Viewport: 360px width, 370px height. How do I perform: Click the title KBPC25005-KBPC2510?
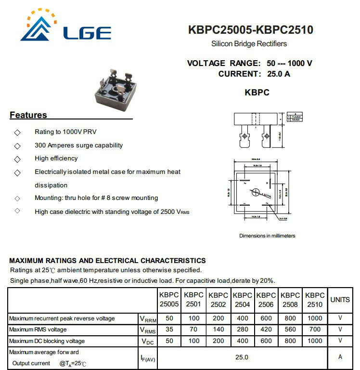[x=250, y=30]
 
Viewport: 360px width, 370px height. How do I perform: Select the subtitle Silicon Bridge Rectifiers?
[x=249, y=44]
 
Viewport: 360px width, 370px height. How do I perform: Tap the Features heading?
[x=28, y=115]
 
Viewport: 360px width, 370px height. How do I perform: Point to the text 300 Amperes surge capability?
[x=78, y=145]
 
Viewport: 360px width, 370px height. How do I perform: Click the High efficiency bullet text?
[x=56, y=158]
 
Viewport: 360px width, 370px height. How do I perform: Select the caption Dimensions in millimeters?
[x=267, y=236]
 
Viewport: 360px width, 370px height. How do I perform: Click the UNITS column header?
[x=340, y=300]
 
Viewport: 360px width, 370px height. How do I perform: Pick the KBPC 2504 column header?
[x=242, y=300]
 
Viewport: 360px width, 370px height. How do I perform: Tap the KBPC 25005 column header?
[x=169, y=300]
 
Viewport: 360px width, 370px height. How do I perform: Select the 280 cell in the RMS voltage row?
[x=242, y=330]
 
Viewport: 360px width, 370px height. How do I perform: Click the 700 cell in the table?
[x=315, y=330]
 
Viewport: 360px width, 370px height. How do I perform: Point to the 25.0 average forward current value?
[x=242, y=357]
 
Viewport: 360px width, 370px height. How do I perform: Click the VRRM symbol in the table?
[x=148, y=319]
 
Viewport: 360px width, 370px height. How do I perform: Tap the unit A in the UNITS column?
[x=340, y=357]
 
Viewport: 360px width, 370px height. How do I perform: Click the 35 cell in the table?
[x=169, y=330]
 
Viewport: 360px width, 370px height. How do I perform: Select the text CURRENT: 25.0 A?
[x=254, y=74]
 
